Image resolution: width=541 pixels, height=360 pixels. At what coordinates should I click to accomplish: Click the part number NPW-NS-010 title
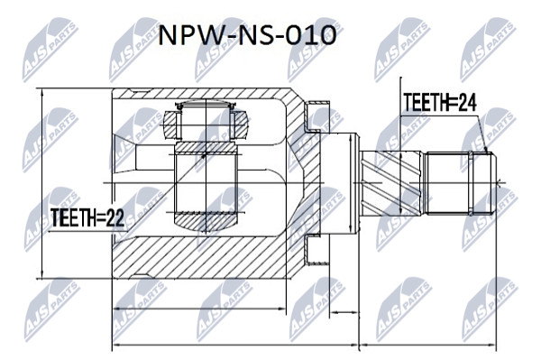247,35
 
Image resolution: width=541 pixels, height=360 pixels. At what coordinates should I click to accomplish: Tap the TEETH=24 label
440,103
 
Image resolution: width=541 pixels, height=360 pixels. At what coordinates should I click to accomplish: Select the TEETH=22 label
87,217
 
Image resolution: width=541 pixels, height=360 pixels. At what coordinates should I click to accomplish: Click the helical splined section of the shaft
390,184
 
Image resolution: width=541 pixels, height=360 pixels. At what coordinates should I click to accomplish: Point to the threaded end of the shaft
461,184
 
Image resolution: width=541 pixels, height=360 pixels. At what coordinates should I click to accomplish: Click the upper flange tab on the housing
317,116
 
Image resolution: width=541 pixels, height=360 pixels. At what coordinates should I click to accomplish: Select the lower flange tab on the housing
317,250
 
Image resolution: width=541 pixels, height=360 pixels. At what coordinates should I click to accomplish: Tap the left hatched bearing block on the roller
170,125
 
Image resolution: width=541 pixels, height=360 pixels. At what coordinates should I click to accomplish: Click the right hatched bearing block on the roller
241,125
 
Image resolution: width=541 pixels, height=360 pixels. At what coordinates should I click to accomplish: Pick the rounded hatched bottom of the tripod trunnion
206,222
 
